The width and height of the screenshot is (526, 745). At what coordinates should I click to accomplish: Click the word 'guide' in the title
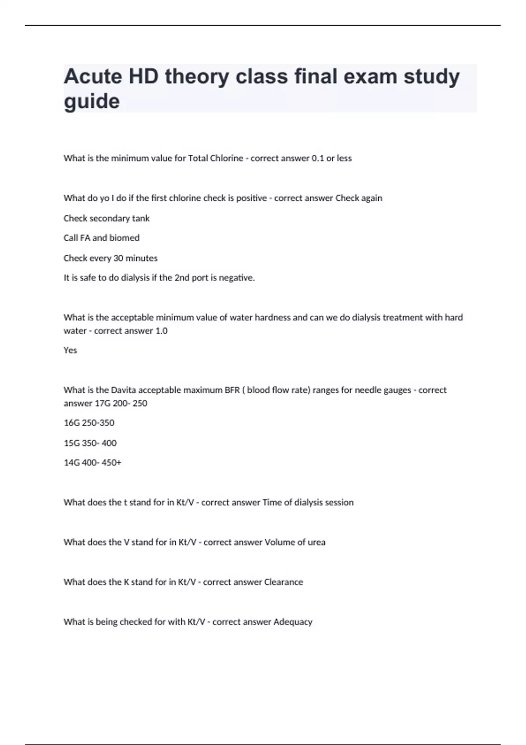pyautogui.click(x=92, y=102)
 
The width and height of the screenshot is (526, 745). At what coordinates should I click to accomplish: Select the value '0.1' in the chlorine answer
pyautogui.click(x=317, y=158)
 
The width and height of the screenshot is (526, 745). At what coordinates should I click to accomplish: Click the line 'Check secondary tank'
pyautogui.click(x=107, y=218)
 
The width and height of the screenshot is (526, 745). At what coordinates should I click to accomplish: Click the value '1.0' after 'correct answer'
pyautogui.click(x=161, y=331)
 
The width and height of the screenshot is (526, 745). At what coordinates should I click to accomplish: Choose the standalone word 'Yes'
pyautogui.click(x=70, y=350)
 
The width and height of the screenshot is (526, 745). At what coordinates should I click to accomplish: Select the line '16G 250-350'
pyautogui.click(x=89, y=423)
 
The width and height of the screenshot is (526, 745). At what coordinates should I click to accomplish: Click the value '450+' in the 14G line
pyautogui.click(x=111, y=463)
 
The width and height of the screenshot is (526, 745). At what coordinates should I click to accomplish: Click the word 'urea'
pyautogui.click(x=316, y=543)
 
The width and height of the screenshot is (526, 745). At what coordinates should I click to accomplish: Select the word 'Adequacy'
pyautogui.click(x=293, y=622)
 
